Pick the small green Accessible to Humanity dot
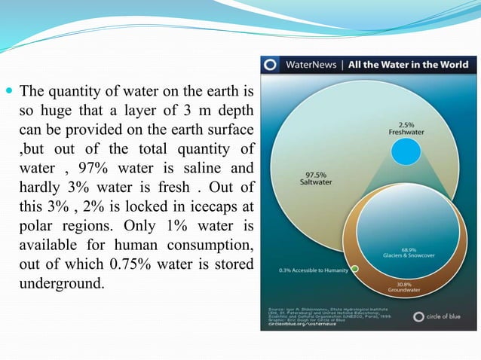(354, 268)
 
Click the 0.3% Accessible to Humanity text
(311, 269)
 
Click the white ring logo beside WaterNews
(271, 64)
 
